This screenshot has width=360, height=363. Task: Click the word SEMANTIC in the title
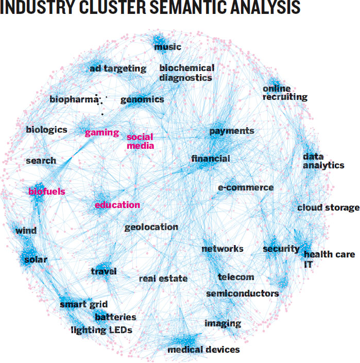click(x=188, y=7)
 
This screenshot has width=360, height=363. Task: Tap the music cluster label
click(x=167, y=47)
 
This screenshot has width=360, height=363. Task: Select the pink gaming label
click(x=102, y=133)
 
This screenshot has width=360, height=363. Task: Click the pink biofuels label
click(x=47, y=192)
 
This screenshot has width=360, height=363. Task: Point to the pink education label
click(x=117, y=205)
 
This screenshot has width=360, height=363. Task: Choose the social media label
click(x=140, y=141)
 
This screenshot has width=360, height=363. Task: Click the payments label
click(x=232, y=131)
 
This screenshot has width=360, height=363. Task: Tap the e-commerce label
click(x=246, y=187)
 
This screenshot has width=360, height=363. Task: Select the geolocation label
click(x=151, y=228)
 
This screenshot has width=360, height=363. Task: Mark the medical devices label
click(x=203, y=350)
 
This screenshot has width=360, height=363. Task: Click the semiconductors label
click(x=243, y=293)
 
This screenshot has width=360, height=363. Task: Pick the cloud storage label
click(x=328, y=208)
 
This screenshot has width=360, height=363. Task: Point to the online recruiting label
click(x=285, y=93)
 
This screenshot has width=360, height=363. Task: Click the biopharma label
click(x=74, y=99)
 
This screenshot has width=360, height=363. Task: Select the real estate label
click(x=163, y=279)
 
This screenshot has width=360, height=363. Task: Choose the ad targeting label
click(x=118, y=69)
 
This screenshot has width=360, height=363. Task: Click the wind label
click(x=26, y=231)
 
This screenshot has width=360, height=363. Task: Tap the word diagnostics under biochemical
click(x=186, y=78)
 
